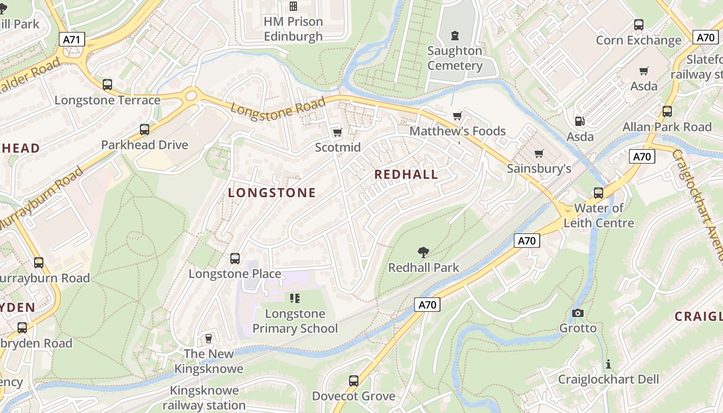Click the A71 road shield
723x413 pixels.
[x=72, y=39]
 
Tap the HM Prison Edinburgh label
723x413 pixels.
[x=293, y=29]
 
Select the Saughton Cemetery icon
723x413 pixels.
[x=454, y=36]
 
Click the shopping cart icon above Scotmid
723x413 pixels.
[x=337, y=133]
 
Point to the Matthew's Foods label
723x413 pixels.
[x=458, y=131]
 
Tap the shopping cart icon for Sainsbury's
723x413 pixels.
[x=539, y=153]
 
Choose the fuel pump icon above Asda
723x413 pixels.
[x=580, y=121]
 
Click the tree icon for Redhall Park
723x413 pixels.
[x=423, y=252]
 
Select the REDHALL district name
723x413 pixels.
[x=406, y=174]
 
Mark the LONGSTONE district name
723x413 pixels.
[x=272, y=193]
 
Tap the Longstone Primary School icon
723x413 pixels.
[x=295, y=298]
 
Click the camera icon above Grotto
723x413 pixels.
[x=578, y=313]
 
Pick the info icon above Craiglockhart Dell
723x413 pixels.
[x=608, y=364]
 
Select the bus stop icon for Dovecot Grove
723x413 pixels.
[x=354, y=381]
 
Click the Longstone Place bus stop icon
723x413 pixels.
[x=235, y=258]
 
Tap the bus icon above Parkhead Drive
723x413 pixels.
[x=145, y=130]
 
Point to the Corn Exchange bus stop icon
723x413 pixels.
[x=639, y=25]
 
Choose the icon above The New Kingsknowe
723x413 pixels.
[x=209, y=338]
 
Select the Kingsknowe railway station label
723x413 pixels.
[x=204, y=398]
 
